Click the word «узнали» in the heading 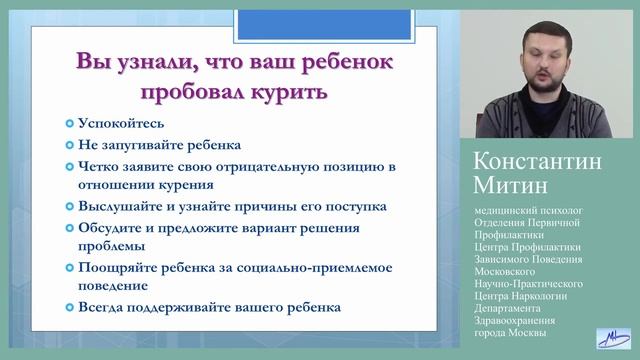tap(149, 62)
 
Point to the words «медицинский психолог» tap(530, 210)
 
